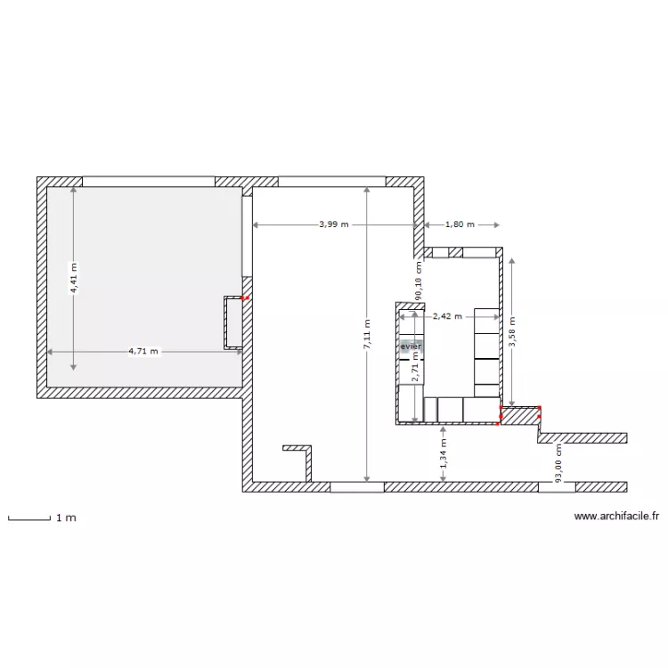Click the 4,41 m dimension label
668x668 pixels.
point(74,278)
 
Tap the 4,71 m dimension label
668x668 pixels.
point(143,352)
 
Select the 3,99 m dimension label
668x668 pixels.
point(334,224)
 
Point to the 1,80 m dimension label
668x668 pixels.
point(460,224)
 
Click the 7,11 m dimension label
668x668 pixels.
point(367,334)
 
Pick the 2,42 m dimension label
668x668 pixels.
point(448,316)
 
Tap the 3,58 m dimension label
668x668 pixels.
point(512,331)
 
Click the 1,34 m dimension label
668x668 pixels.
point(444,453)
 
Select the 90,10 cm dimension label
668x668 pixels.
point(419,280)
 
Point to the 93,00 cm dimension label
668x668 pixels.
point(558,463)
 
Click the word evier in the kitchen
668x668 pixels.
point(411,346)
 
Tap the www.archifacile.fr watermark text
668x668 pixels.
point(616,517)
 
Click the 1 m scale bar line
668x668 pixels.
point(29,519)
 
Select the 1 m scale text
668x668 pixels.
point(67,517)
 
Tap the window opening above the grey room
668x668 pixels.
point(149,182)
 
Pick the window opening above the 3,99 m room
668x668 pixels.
point(332,182)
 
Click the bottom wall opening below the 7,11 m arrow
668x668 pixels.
point(357,487)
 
